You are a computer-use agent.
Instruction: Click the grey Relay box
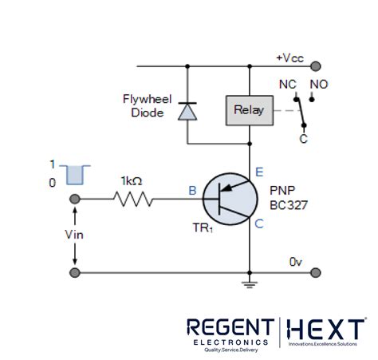tap(247, 110)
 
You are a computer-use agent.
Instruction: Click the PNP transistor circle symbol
tap(229, 199)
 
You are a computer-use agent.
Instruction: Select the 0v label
tap(296, 261)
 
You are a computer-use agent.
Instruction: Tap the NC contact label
tap(288, 83)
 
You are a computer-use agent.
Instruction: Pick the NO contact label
tap(317, 83)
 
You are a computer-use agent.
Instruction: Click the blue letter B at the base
tap(191, 190)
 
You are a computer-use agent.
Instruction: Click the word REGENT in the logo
tap(230, 326)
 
